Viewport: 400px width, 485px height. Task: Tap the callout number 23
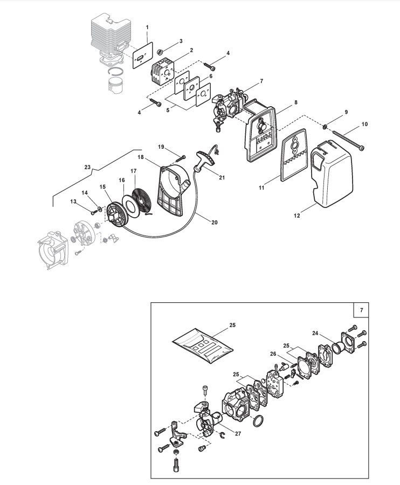[88, 168]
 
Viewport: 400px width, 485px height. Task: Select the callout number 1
[148, 26]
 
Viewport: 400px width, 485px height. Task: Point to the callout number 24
[314, 332]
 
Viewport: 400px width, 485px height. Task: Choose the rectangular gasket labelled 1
[142, 56]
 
